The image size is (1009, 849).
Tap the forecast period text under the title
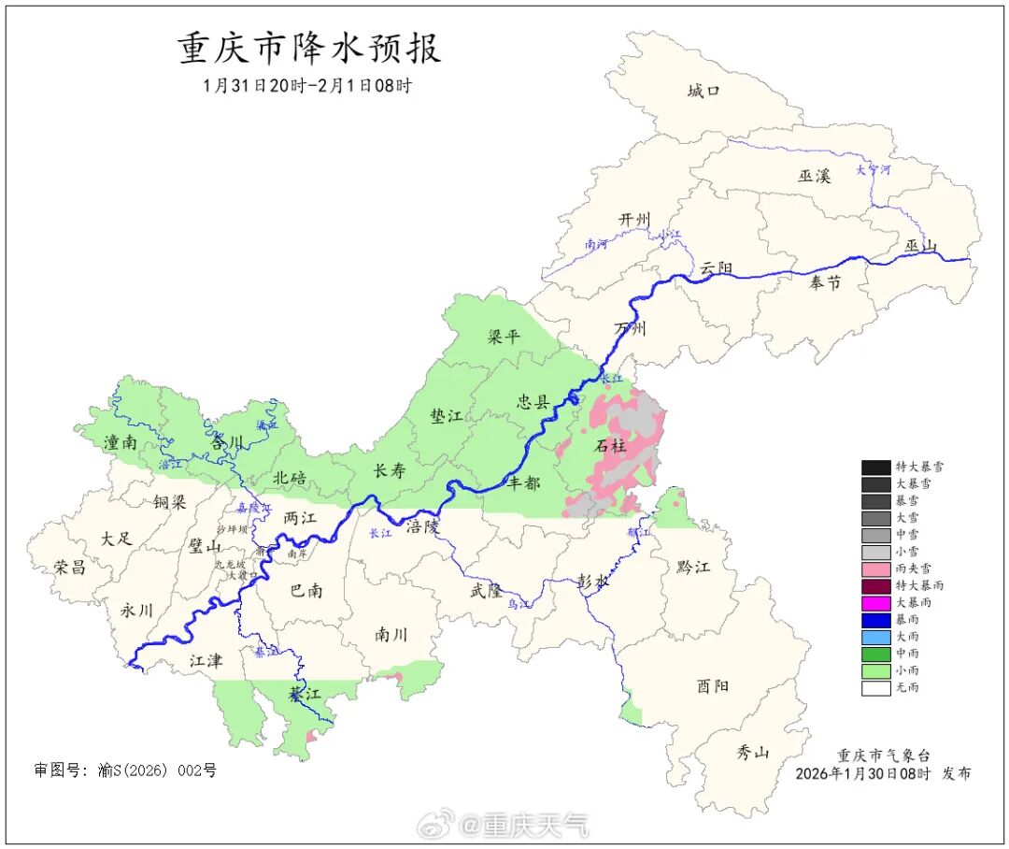(x=307, y=86)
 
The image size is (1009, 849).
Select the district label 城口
(x=704, y=91)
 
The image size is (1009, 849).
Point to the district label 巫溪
(x=814, y=175)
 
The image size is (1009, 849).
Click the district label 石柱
(x=612, y=446)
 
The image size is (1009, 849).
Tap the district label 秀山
(x=752, y=751)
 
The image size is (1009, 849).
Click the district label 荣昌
(x=71, y=567)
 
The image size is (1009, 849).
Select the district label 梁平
(x=504, y=337)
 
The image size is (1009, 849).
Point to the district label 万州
(x=630, y=329)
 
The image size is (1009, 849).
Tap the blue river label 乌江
(x=519, y=605)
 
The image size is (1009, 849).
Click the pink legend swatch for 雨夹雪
(x=875, y=568)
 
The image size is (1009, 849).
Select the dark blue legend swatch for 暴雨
(x=875, y=620)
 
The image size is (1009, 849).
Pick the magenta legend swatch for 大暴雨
(x=875, y=603)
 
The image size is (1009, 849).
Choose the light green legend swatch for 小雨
(x=875, y=670)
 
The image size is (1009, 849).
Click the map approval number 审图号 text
(x=125, y=770)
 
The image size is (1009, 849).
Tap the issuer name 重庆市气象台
(x=883, y=755)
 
